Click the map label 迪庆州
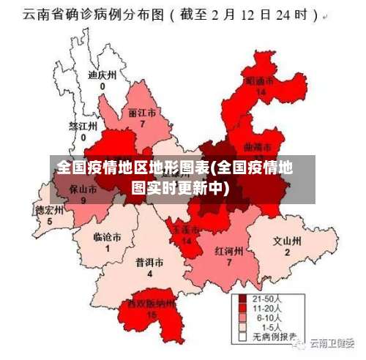[102, 75]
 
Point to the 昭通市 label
[260, 80]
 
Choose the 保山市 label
[83, 189]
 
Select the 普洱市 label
[149, 262]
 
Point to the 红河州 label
[228, 250]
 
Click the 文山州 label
[287, 240]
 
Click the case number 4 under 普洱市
[149, 274]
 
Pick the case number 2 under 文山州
[287, 252]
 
